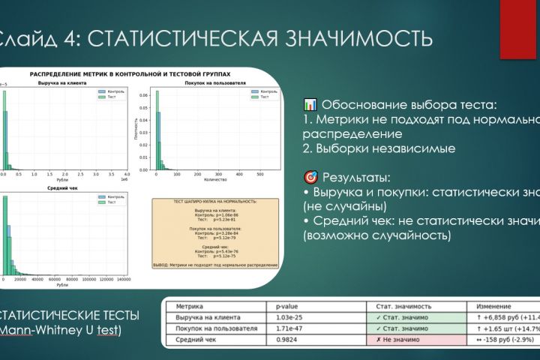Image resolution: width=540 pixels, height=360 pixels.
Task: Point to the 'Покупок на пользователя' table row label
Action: coord(208,329)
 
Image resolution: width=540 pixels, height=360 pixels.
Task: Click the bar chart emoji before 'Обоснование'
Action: coord(310,104)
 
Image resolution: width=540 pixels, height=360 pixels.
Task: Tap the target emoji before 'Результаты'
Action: coord(310,178)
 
